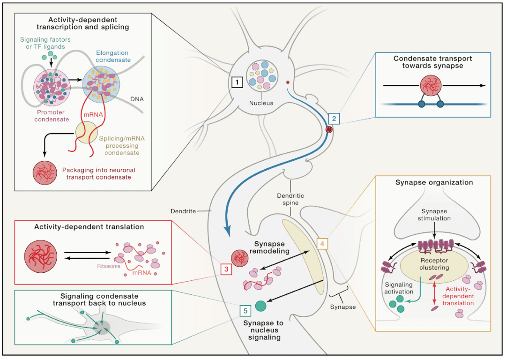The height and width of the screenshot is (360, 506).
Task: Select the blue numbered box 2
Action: click(334, 119)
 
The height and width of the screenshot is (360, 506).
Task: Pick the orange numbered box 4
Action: click(322, 244)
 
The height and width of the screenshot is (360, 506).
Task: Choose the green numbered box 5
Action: click(244, 310)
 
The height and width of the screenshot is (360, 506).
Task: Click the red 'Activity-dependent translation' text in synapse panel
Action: click(460, 296)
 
